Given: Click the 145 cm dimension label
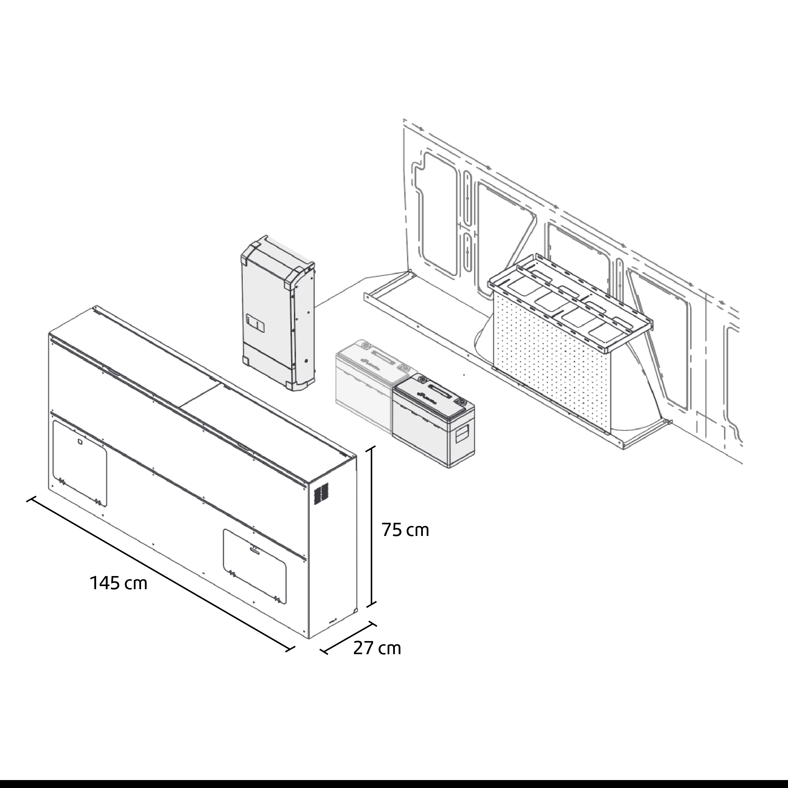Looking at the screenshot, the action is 118,584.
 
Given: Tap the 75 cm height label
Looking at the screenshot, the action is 406,530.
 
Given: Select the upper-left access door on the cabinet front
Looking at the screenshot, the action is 80,463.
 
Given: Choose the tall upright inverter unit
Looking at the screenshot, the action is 278,313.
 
